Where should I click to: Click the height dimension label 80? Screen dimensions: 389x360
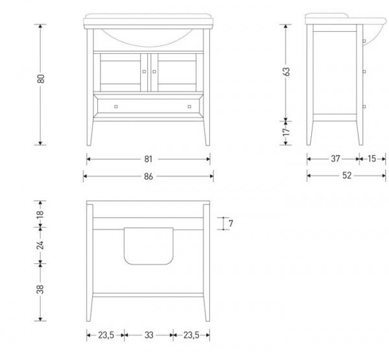41,78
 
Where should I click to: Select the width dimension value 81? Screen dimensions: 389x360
148,159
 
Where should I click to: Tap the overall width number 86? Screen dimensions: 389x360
148,176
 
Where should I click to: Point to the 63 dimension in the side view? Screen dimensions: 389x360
287,71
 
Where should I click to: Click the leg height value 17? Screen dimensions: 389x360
287,132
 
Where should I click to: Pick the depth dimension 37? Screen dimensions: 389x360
335,159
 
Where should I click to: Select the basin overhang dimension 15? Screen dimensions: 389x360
371,159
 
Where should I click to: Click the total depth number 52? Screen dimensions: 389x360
347,176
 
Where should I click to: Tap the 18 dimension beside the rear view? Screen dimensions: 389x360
40,213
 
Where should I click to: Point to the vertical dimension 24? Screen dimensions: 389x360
40,245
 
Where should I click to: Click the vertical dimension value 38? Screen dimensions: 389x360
40,289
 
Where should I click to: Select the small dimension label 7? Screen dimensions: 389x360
231,223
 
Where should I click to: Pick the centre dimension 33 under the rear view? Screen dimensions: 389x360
149,335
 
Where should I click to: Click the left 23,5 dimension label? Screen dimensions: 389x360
106,335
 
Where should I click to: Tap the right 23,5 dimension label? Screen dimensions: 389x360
191,335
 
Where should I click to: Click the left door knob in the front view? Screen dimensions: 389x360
144,72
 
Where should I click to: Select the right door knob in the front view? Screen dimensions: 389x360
154,72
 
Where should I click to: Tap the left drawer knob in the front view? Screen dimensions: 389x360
116,107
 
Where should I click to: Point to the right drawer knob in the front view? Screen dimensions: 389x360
189,107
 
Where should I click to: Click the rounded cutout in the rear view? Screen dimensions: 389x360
148,246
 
